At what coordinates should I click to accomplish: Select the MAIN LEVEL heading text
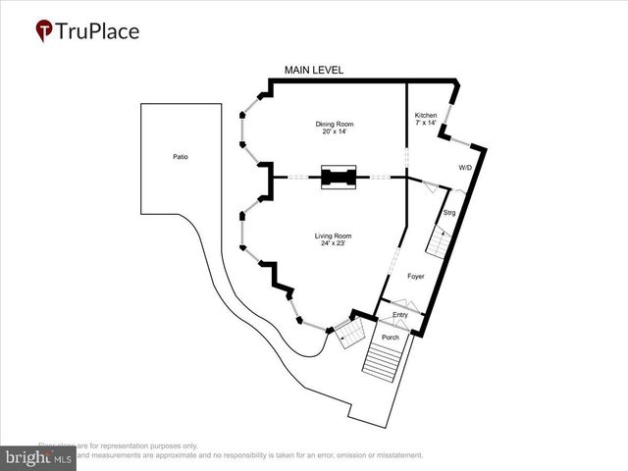point(313,71)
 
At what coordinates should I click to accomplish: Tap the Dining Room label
point(334,124)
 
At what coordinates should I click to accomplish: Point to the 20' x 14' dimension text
point(334,132)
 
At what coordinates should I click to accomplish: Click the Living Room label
point(333,235)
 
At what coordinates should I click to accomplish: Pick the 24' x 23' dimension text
point(333,244)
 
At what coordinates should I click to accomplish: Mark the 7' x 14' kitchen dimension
point(426,124)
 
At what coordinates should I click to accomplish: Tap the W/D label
point(465,168)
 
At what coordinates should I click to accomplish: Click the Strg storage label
point(449,212)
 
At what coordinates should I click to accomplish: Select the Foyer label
point(415,278)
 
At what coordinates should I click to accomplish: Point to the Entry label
point(400,314)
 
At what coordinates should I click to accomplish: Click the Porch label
point(392,338)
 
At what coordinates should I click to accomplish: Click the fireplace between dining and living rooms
point(340,178)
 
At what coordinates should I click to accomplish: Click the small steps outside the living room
point(348,338)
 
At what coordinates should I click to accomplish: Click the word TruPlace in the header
point(98,31)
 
